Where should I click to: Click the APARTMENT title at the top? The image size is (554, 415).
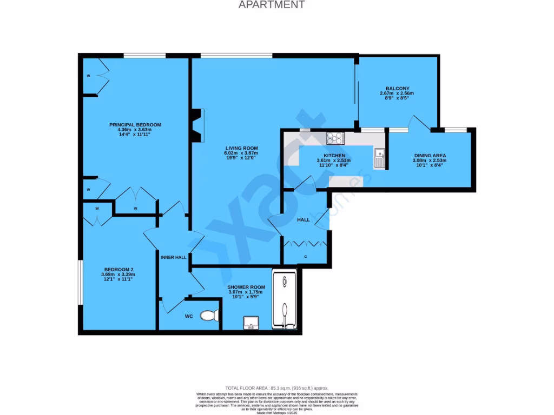(x=272, y=5)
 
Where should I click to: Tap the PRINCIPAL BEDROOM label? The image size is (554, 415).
(x=135, y=125)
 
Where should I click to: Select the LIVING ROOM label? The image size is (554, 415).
(x=242, y=148)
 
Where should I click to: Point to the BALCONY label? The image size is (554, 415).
(x=398, y=89)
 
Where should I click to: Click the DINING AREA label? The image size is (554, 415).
(x=430, y=156)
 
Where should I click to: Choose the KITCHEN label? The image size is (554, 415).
(x=334, y=156)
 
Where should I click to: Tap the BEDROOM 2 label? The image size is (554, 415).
(x=119, y=270)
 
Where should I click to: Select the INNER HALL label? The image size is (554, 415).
(x=174, y=257)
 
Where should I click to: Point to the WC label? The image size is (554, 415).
(x=189, y=316)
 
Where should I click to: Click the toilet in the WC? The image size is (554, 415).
(x=209, y=314)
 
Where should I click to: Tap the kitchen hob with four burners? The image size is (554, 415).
(x=335, y=138)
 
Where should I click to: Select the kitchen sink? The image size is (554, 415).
(x=379, y=158)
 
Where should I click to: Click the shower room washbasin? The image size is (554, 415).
(x=251, y=324)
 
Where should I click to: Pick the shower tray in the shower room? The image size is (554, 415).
(x=285, y=300)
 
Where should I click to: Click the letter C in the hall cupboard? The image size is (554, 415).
(x=306, y=256)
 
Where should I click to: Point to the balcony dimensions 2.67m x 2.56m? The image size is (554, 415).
(x=398, y=93)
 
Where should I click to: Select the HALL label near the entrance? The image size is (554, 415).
(x=304, y=220)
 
